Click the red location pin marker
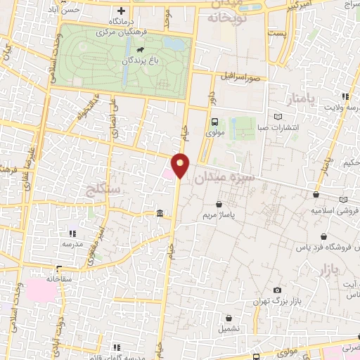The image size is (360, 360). coord(181,165)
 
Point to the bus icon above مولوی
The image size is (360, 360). coord(215,121)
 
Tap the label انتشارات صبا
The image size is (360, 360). coord(277,128)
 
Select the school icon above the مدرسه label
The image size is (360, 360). coord(72,233)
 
